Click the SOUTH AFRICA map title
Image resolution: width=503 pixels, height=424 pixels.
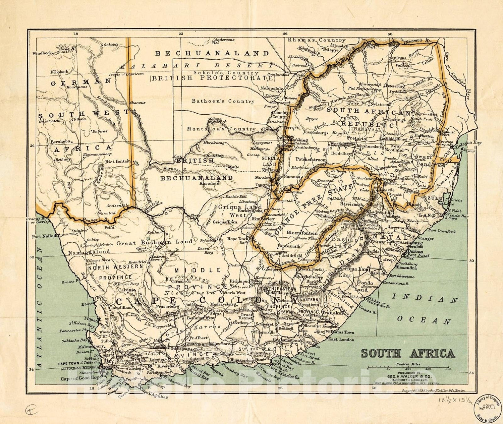(x=408, y=353)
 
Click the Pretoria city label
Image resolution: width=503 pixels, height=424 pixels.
(x=356, y=138)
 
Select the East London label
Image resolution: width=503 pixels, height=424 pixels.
(x=341, y=340)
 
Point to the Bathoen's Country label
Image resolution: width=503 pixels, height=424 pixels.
(x=223, y=101)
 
